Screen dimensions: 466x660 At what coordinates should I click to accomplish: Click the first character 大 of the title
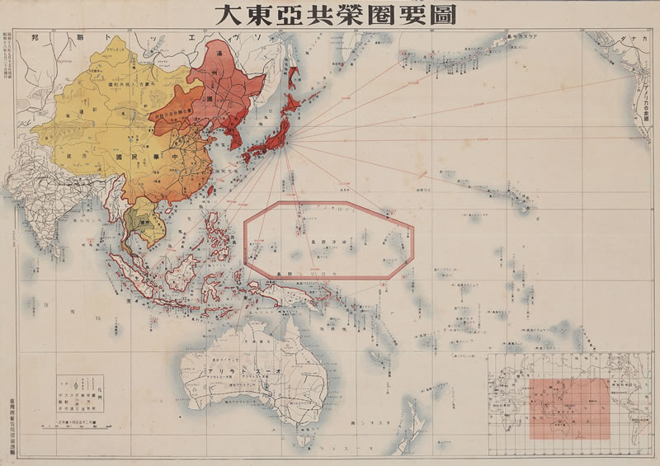(228, 15)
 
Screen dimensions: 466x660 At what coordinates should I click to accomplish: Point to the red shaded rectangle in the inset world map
(564, 408)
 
